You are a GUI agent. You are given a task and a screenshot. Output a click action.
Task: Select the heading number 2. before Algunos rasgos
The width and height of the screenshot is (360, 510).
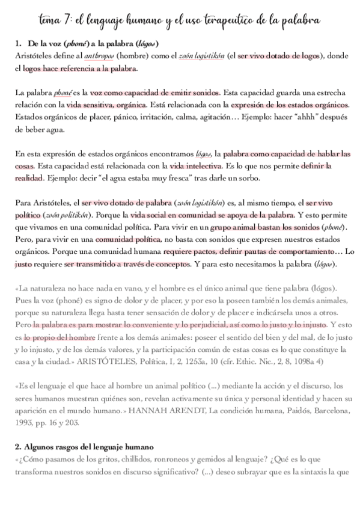coord(18,447)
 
